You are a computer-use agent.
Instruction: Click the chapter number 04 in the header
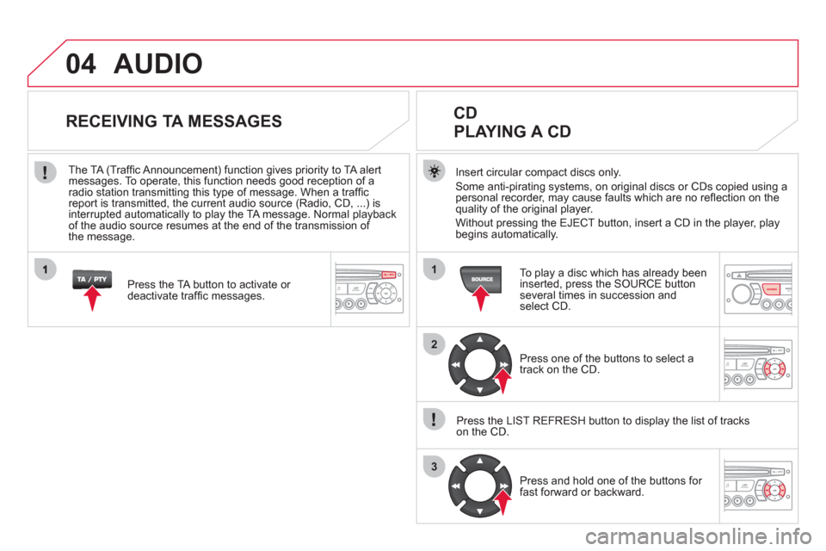(81, 64)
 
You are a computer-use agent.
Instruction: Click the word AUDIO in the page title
(158, 64)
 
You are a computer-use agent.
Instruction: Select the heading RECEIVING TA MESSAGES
(174, 121)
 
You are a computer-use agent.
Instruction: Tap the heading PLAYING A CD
(512, 131)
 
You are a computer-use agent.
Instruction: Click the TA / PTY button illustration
(92, 280)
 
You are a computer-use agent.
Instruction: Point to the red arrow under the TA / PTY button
(93, 299)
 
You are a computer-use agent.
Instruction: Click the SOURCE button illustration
(481, 279)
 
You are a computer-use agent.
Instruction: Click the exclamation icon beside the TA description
(46, 172)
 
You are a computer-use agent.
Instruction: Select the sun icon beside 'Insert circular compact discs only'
(434, 172)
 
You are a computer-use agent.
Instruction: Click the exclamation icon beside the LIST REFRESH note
(434, 420)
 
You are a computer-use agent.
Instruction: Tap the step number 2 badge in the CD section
(434, 345)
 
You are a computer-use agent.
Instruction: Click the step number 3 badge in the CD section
(434, 467)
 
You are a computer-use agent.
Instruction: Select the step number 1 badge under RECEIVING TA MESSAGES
(46, 270)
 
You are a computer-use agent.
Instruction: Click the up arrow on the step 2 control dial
(480, 339)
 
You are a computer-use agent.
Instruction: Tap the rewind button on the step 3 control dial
(456, 486)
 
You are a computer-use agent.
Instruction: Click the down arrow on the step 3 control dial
(480, 511)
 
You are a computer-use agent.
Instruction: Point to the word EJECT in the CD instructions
(576, 223)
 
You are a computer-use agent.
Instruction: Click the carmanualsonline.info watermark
(698, 536)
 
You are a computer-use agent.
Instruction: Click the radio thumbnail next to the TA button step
(370, 289)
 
